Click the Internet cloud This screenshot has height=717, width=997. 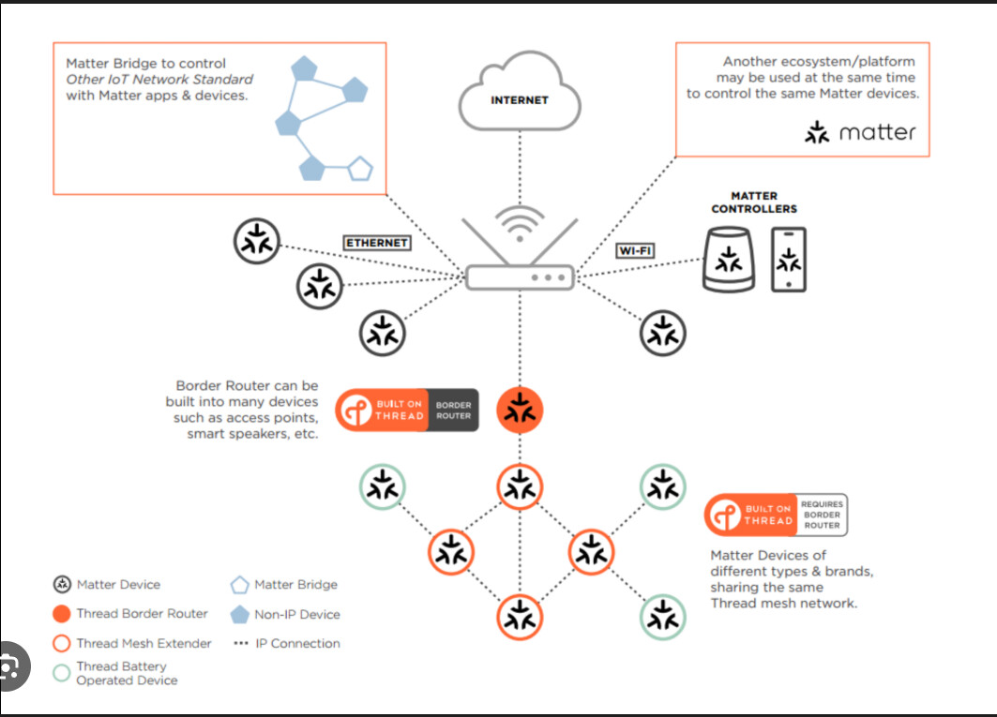(x=519, y=94)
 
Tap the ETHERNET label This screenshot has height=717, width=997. (x=377, y=243)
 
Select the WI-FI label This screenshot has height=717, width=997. (x=635, y=250)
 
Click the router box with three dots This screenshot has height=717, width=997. (x=520, y=277)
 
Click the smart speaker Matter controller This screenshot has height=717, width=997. (x=729, y=261)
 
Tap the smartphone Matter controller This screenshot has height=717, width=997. (x=788, y=260)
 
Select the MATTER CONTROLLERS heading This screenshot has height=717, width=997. (x=754, y=202)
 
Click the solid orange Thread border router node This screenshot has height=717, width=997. (x=520, y=410)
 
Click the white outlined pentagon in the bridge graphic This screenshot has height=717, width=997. (x=360, y=170)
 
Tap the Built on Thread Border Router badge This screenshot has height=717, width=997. (x=407, y=410)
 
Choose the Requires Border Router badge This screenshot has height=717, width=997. (x=776, y=515)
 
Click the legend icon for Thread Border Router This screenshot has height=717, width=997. (x=62, y=614)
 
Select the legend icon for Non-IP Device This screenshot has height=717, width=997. (x=239, y=615)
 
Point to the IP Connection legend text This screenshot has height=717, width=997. (x=297, y=644)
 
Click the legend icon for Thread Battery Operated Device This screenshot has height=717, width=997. (x=62, y=673)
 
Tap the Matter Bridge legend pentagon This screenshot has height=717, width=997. (x=239, y=585)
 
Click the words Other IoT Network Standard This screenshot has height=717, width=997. (x=159, y=80)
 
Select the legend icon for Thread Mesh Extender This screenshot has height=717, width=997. (x=62, y=644)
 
